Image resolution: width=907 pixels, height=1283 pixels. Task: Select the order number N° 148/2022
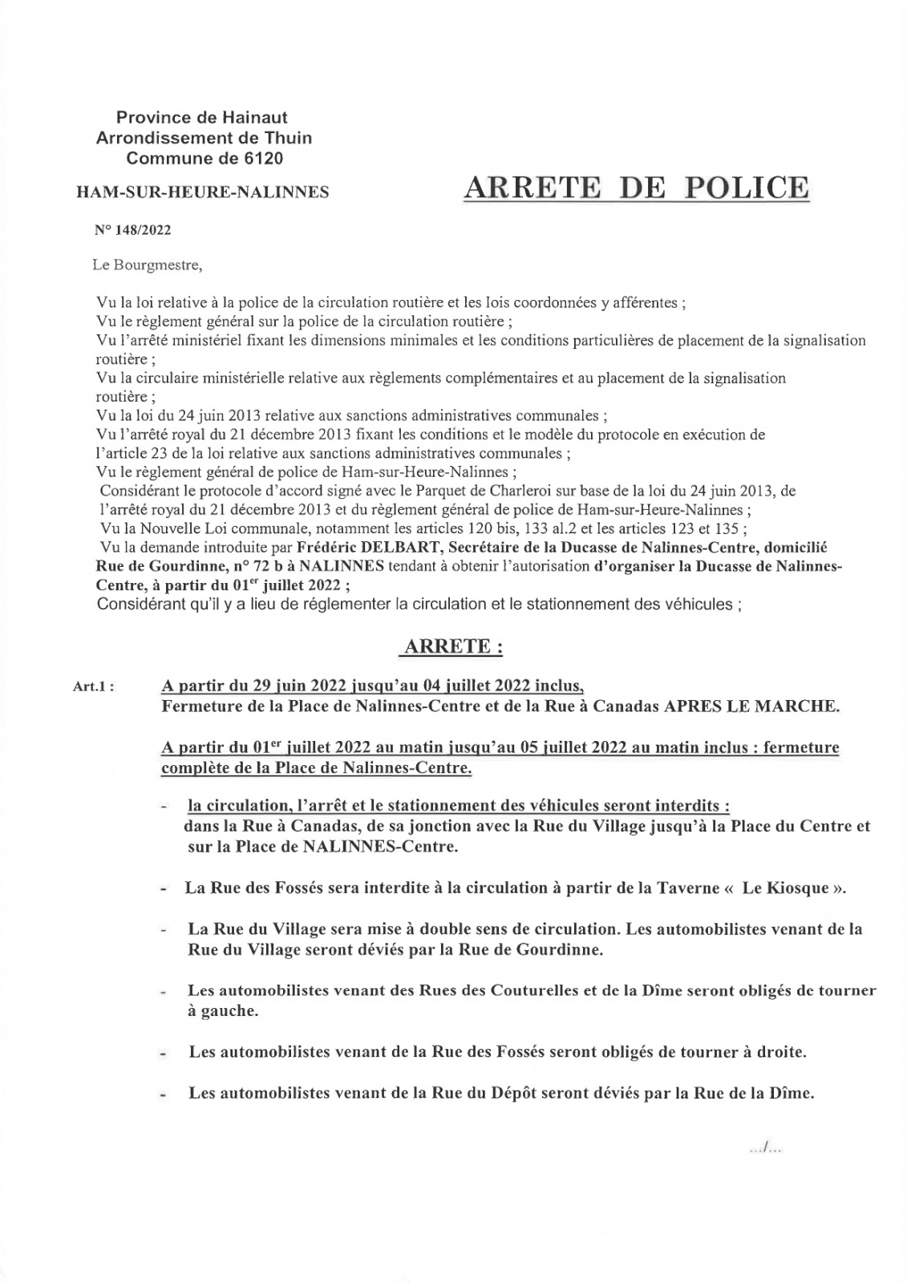click(x=133, y=230)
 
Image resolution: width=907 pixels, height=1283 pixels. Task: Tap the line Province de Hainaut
click(x=202, y=119)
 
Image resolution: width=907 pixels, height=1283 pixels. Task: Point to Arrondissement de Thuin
click(x=204, y=138)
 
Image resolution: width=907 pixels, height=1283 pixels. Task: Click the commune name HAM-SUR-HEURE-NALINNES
click(x=201, y=192)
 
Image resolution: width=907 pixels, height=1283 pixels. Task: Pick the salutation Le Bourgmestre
click(x=143, y=265)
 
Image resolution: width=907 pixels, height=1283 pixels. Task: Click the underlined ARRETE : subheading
click(x=453, y=648)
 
